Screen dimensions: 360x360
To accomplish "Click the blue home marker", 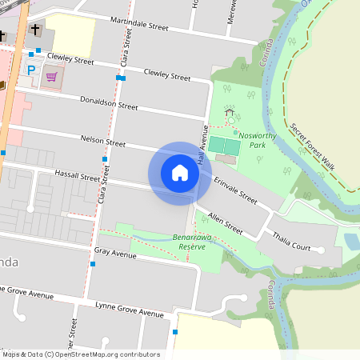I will click(180, 173).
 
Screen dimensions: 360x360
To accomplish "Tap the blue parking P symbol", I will click(32, 71).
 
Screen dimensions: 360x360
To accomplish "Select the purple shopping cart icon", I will click(53, 77).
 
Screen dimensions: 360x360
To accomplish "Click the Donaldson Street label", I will click(110, 103).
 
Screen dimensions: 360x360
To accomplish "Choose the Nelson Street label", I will click(103, 142).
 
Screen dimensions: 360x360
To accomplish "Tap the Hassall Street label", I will click(77, 174).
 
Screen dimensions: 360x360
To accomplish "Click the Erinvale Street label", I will click(235, 192).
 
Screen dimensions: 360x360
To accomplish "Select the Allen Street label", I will click(225, 223).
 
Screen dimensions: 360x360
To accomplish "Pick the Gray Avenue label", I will click(115, 253).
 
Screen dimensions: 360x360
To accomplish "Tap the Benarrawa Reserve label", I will click(190, 242).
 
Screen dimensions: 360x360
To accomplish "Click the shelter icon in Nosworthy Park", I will click(230, 114).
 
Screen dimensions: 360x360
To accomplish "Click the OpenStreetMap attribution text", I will click(80, 354).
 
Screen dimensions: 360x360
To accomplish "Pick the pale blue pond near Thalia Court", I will click(351, 241).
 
